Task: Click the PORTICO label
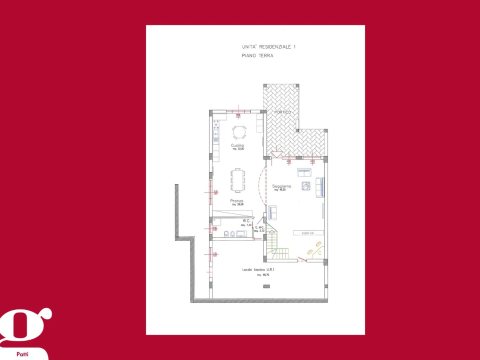click(282, 112)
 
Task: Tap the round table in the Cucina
click(239, 132)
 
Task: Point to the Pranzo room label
click(237, 201)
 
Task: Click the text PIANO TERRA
click(257, 56)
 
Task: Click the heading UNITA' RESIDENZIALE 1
click(268, 46)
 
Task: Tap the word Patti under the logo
click(22, 353)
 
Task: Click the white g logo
click(25, 325)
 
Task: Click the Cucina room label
click(237, 145)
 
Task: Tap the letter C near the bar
click(320, 253)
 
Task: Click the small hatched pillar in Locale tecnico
click(266, 286)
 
